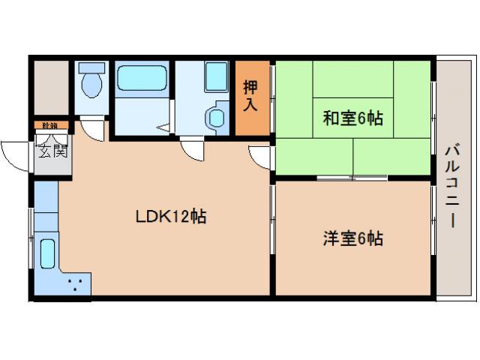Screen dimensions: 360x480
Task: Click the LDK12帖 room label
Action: (170, 217)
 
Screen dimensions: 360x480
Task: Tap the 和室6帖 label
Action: (353, 118)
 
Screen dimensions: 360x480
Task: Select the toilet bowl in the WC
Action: (92, 83)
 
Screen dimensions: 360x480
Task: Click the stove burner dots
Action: (75, 283)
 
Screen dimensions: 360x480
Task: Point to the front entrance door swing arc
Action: (13, 154)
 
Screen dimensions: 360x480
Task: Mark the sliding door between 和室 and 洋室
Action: (352, 178)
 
